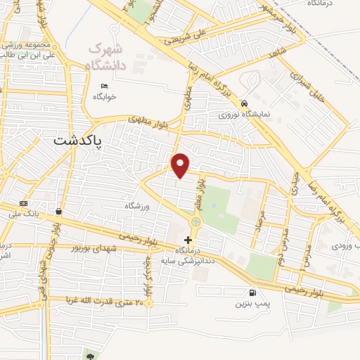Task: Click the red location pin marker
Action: (x=181, y=165)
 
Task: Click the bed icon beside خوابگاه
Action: (x=105, y=86)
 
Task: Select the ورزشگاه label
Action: (x=138, y=205)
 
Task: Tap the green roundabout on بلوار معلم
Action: (x=195, y=221)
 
